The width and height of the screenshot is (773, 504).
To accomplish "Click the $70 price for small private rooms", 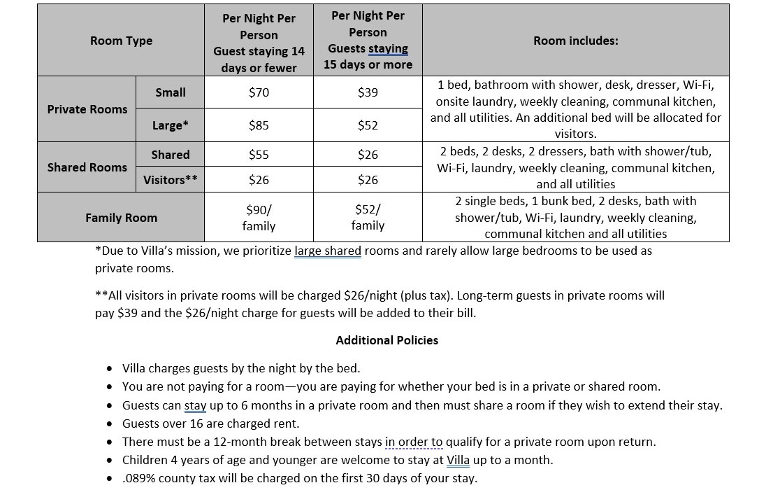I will pyautogui.click(x=259, y=92).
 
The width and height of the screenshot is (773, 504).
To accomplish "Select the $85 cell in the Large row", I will pyautogui.click(x=259, y=125).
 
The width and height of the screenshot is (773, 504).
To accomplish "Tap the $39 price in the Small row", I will pyautogui.click(x=368, y=92).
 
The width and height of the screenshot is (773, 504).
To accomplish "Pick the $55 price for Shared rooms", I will pyautogui.click(x=259, y=155).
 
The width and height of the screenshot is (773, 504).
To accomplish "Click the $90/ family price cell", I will pyautogui.click(x=259, y=217).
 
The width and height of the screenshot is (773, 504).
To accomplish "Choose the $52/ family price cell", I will pyautogui.click(x=368, y=217).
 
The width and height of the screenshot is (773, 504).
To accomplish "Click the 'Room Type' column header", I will pyautogui.click(x=121, y=41).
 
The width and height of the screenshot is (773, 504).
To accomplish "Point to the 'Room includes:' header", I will pyautogui.click(x=575, y=41).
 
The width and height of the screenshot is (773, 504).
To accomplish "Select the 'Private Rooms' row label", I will pyautogui.click(x=87, y=109).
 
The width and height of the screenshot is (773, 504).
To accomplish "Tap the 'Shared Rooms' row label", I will pyautogui.click(x=87, y=167).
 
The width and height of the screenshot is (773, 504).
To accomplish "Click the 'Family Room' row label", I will pyautogui.click(x=121, y=218).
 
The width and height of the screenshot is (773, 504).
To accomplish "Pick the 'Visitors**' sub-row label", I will pyautogui.click(x=171, y=180).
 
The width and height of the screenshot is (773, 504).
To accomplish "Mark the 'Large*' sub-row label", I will pyautogui.click(x=171, y=125).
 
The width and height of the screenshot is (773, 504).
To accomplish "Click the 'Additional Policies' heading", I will pyautogui.click(x=386, y=340).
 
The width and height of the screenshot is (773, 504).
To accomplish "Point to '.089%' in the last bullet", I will pyautogui.click(x=138, y=478).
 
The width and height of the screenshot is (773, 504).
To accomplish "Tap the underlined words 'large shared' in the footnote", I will pyautogui.click(x=328, y=251).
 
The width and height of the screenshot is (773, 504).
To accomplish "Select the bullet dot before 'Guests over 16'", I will pyautogui.click(x=110, y=423).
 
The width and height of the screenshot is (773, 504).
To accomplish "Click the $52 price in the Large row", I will pyautogui.click(x=368, y=125).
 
